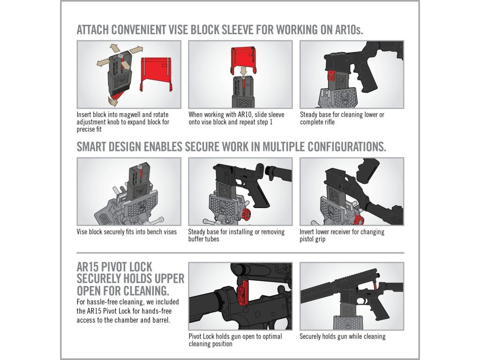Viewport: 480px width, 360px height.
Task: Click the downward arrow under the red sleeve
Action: [x=243, y=72]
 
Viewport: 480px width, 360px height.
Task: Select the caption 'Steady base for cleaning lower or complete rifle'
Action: [x=342, y=118]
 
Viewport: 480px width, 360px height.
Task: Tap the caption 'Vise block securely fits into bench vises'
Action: [x=127, y=232]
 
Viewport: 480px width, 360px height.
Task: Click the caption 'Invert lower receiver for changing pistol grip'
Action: [x=342, y=235]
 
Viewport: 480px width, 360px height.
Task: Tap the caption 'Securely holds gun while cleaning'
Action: [x=343, y=337]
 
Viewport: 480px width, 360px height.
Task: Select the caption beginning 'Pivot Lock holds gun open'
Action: [x=235, y=340]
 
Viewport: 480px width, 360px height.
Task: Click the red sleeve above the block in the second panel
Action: [x=243, y=60]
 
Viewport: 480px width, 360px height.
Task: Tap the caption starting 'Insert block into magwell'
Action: [x=123, y=122]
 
